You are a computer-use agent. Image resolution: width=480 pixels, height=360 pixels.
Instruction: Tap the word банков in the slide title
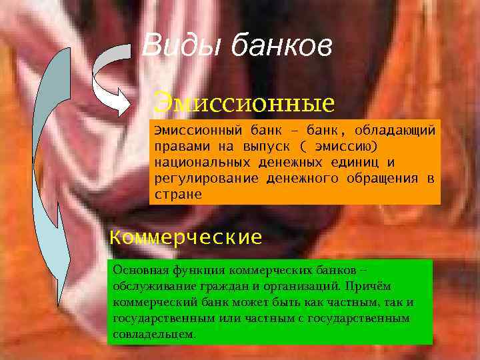(280, 47)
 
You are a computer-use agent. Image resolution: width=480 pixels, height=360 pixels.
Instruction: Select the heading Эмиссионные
(243, 104)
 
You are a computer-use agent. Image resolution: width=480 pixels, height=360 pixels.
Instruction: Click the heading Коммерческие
(185, 237)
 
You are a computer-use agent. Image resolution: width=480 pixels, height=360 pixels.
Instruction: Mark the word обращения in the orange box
(383, 178)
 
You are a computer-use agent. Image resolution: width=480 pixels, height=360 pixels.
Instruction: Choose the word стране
(177, 195)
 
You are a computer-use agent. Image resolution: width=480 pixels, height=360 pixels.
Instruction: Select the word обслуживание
(149, 287)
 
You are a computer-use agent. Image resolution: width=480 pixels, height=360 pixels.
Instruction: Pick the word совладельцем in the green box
(154, 334)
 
